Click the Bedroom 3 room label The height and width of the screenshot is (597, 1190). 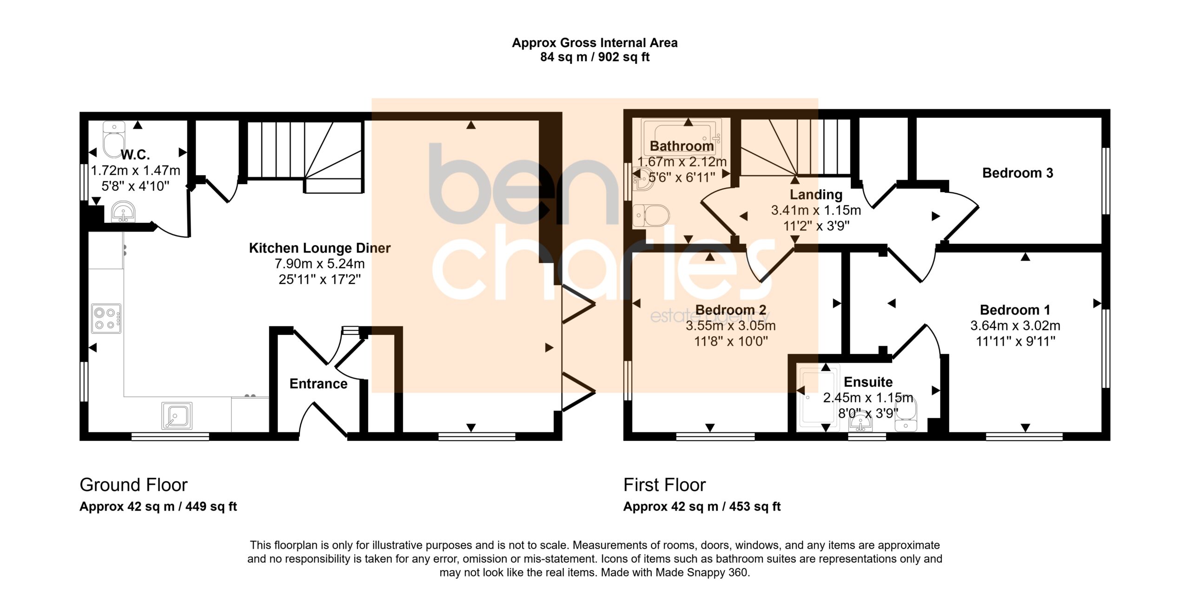click(1017, 173)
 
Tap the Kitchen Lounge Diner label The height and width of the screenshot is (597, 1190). click(320, 248)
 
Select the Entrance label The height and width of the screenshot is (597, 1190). click(318, 384)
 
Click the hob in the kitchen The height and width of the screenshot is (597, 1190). click(106, 318)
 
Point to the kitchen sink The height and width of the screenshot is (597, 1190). click(177, 416)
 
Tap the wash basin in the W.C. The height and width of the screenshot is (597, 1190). click(123, 212)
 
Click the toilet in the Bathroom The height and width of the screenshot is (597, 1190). click(651, 216)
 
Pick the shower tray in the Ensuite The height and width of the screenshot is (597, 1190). click(818, 398)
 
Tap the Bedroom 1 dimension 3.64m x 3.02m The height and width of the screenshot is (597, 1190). click(1015, 325)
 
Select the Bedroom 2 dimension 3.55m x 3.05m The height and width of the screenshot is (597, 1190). click(731, 325)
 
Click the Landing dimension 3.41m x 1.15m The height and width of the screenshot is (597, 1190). click(816, 210)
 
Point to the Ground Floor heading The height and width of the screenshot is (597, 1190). click(133, 485)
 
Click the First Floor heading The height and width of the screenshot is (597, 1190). click(664, 485)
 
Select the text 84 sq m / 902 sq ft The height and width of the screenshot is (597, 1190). click(595, 57)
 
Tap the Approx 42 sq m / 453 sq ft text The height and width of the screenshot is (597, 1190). click(702, 506)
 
